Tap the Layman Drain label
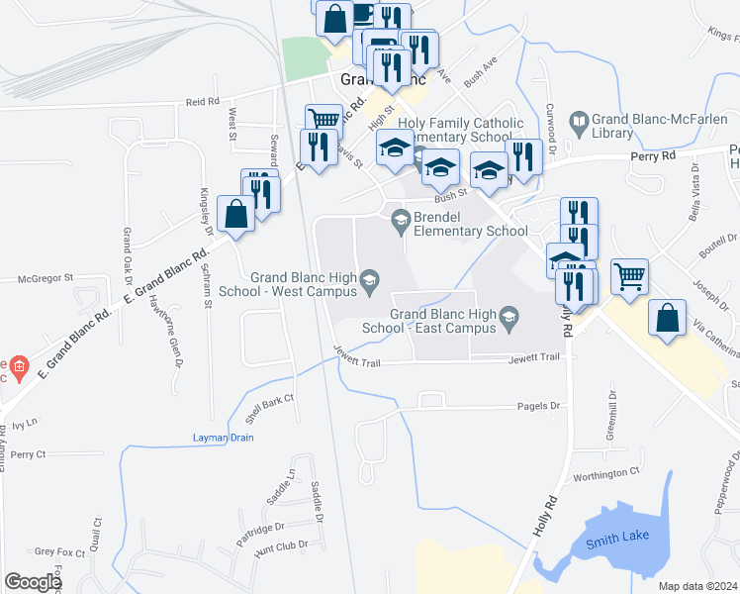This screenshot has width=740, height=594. (x=223, y=438)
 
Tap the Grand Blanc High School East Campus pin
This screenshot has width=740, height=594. (x=509, y=318)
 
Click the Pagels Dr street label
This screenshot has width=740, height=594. (x=539, y=406)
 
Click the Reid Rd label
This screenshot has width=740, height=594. (x=202, y=102)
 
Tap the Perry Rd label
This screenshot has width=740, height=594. (x=654, y=155)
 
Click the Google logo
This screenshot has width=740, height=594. (x=32, y=582)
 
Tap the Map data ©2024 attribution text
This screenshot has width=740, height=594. (x=697, y=586)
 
